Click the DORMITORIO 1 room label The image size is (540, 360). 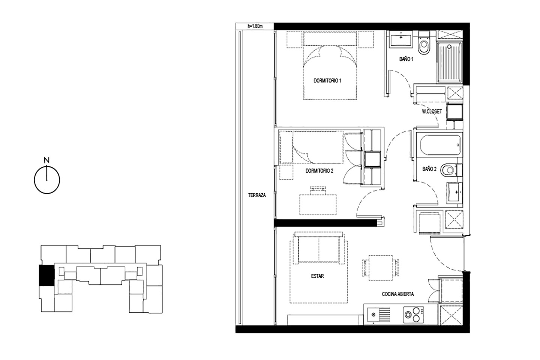(x=327, y=81)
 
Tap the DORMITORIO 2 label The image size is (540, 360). (x=319, y=171)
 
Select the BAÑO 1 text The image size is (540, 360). (x=406, y=59)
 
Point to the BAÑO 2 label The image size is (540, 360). (x=429, y=169)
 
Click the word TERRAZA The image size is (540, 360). (x=257, y=195)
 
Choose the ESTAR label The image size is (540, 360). (x=317, y=276)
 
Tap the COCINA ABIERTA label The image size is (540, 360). (x=398, y=294)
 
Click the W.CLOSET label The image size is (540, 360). (x=432, y=111)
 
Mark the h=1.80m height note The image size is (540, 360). (x=255, y=26)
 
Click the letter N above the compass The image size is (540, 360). (x=47, y=160)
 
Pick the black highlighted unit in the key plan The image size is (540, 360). (x=47, y=275)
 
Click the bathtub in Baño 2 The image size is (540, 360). (x=440, y=145)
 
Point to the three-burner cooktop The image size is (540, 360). (x=413, y=315)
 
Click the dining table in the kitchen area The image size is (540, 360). (x=380, y=268)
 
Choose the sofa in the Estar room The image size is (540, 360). (x=319, y=249)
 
